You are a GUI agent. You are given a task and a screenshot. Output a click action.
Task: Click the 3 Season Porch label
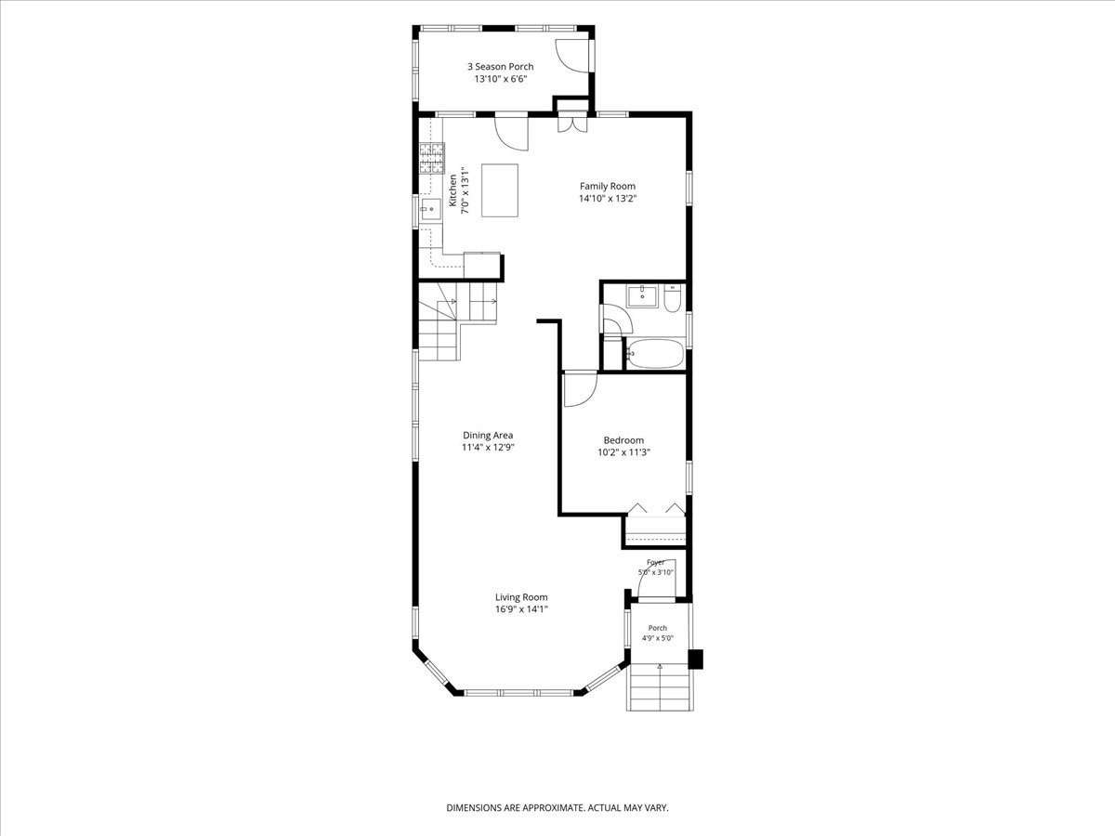[500, 67]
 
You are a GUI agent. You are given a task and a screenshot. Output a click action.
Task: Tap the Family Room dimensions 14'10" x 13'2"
[608, 199]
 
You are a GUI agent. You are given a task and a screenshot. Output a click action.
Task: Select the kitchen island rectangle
[500, 190]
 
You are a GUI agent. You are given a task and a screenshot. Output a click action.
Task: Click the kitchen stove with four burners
[432, 158]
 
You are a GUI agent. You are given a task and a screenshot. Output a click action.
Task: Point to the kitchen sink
[431, 209]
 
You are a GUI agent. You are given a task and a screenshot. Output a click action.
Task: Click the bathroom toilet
[672, 298]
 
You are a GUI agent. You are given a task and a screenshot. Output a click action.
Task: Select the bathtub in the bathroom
[655, 353]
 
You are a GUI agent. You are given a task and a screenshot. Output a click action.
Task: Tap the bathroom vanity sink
[643, 296]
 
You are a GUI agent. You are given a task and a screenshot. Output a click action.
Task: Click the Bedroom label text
[623, 440]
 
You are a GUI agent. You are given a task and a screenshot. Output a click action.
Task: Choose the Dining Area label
[488, 435]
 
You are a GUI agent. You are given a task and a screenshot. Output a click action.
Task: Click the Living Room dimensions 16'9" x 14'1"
[521, 609]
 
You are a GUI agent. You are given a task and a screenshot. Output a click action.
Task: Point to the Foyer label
[655, 562]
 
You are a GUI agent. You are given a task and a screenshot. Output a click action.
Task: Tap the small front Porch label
[657, 628]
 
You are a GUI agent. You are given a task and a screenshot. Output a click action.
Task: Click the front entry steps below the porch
[660, 686]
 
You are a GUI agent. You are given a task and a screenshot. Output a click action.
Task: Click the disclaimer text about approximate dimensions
[557, 807]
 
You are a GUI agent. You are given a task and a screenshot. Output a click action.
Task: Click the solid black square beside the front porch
[695, 660]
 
